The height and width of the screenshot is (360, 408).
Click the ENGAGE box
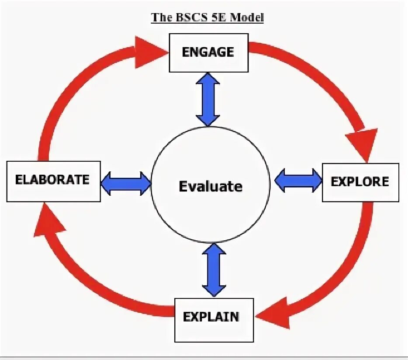pos(208,53)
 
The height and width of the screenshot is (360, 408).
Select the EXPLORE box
pos(360,182)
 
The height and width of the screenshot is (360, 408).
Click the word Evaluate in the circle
pos(210,187)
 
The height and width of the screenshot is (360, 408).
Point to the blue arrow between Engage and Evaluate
pos(207,99)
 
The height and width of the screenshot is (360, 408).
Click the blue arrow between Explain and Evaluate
pos(214,270)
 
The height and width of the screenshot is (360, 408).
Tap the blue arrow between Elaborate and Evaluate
pos(126,183)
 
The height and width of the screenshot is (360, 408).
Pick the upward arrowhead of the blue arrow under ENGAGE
pos(207,80)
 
